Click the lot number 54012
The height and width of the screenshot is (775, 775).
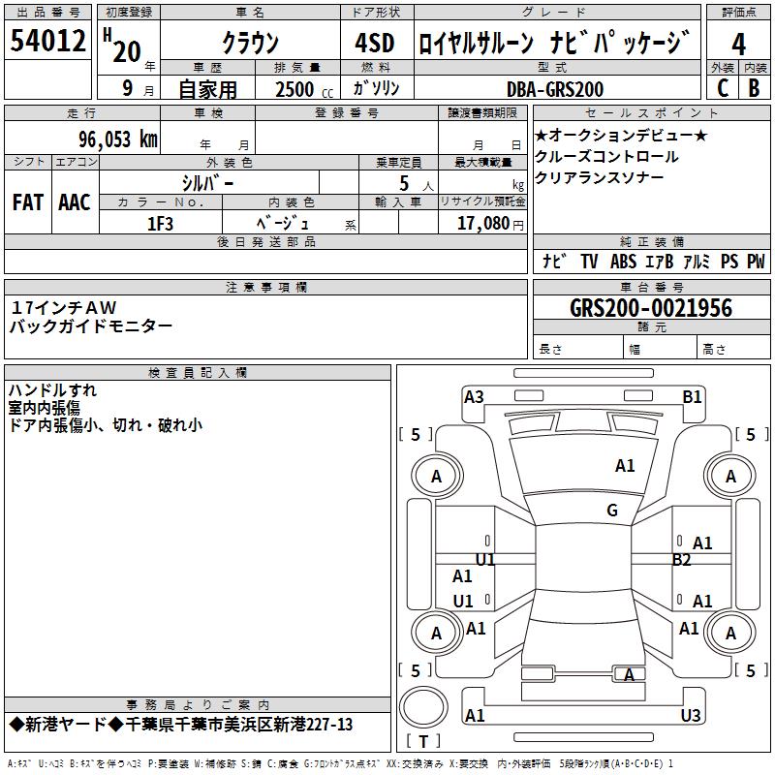click(x=47, y=40)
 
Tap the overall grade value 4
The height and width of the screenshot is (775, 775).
click(x=738, y=44)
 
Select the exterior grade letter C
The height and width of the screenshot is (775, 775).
click(x=723, y=88)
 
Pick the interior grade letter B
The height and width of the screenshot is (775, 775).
click(x=754, y=88)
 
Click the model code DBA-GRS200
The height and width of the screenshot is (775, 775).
click(x=555, y=89)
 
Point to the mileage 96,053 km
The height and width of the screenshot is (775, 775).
click(x=118, y=139)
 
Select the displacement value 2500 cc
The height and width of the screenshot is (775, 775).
click(x=304, y=89)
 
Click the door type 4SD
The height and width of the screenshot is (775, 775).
click(x=375, y=43)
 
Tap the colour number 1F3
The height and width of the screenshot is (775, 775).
click(x=160, y=224)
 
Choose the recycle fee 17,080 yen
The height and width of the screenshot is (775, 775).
click(x=490, y=224)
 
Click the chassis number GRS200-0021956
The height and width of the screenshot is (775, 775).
click(x=651, y=308)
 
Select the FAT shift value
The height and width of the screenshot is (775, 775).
click(x=28, y=202)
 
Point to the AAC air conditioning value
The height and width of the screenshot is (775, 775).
click(x=75, y=202)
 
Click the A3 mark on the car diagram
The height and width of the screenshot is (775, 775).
click(x=474, y=397)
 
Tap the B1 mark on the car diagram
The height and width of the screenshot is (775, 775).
click(x=692, y=397)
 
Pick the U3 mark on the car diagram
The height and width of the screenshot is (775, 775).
click(x=691, y=715)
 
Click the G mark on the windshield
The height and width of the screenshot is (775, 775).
click(x=612, y=511)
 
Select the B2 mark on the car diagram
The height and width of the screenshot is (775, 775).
click(x=681, y=560)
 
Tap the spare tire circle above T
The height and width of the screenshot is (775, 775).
click(x=423, y=707)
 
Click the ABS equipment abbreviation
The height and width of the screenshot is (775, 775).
click(x=623, y=261)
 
